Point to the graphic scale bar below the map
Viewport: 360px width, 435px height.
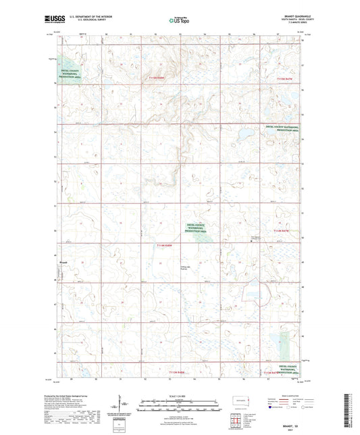180,404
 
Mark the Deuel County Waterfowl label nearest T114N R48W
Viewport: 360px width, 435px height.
174,227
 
